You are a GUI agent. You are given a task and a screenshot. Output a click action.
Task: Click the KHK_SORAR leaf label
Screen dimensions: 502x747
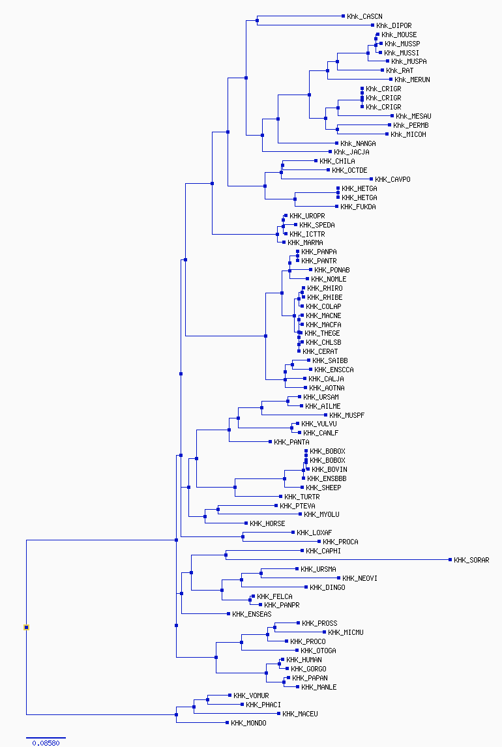coord(471,561)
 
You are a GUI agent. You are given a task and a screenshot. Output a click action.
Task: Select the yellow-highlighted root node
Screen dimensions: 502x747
coord(26,628)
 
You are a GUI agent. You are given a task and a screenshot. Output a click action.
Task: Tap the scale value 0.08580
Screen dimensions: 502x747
coord(46,743)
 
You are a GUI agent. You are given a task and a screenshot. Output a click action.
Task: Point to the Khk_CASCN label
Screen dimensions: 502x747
coord(364,17)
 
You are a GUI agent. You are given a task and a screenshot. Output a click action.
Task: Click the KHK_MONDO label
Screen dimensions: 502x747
coord(248,723)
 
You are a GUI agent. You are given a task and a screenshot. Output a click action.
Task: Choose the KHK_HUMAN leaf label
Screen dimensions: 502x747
coord(304,660)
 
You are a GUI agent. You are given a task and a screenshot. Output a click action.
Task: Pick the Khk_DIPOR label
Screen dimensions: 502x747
coord(394,25)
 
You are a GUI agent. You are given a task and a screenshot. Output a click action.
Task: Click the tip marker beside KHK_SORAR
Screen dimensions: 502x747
coord(450,560)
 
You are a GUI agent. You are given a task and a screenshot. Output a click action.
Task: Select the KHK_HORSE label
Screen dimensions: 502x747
coord(267,523)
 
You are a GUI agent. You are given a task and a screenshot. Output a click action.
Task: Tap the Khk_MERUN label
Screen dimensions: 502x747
coord(412,80)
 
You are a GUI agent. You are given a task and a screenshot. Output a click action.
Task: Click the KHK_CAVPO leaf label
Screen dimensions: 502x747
coord(392,180)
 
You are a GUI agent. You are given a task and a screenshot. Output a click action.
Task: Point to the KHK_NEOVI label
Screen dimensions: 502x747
coord(360,578)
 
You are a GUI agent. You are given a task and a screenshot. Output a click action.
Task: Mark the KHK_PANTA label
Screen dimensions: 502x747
coord(291,442)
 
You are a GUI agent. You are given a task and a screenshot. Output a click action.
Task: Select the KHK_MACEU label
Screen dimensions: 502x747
coord(300,714)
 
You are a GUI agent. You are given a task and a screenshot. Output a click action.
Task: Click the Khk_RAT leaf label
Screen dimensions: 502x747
coord(400,70)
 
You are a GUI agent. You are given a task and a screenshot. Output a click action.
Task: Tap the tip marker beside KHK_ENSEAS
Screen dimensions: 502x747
coord(228,613)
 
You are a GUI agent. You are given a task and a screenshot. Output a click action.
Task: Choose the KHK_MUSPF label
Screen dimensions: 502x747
coord(347,415)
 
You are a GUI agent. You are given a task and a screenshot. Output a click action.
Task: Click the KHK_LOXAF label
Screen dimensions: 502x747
coord(314,533)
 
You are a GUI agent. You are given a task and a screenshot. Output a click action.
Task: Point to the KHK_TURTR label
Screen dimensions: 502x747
coord(302,497)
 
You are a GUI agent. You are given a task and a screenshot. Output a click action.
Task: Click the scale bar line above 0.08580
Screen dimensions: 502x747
coord(46,737)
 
